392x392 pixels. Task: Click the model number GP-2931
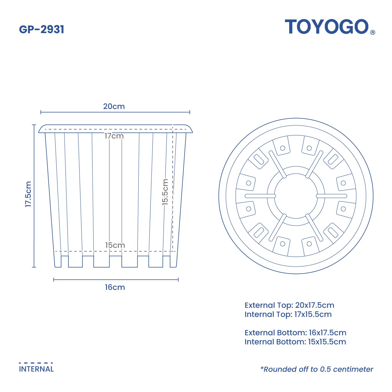(42, 29)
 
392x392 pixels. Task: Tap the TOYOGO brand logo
(327, 27)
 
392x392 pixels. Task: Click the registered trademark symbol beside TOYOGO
(373, 32)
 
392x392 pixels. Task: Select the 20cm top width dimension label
(114, 106)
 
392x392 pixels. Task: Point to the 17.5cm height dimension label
(28, 194)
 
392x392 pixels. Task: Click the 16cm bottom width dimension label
(115, 287)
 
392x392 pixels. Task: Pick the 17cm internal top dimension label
(114, 136)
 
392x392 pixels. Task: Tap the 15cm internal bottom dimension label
(115, 245)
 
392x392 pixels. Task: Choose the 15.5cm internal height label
(165, 192)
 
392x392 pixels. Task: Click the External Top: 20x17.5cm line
(289, 305)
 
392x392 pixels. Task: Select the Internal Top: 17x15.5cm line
(288, 314)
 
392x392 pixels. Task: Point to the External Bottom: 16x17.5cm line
(296, 333)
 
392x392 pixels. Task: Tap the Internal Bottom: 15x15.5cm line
(295, 342)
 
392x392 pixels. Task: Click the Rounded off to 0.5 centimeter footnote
(317, 369)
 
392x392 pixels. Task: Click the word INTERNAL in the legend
(36, 369)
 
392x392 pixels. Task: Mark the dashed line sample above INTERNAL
(36, 363)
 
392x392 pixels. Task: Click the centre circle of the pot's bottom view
(296, 196)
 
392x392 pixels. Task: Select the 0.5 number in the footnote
(326, 369)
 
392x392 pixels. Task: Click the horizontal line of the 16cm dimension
(116, 279)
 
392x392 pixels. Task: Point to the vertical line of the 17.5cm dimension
(34, 196)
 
